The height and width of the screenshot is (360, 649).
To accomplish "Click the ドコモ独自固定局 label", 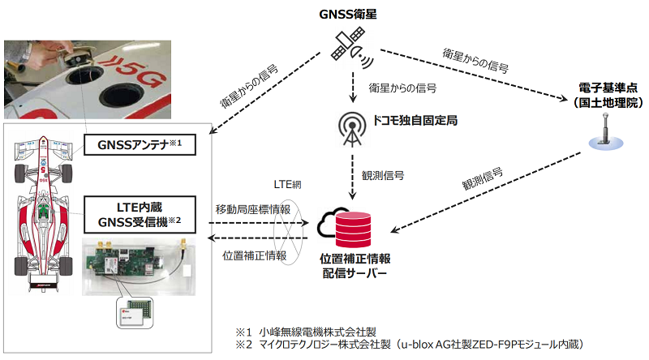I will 415,121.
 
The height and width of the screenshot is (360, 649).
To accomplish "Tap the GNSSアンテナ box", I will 139,145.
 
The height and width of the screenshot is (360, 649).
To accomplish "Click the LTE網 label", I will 290,185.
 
